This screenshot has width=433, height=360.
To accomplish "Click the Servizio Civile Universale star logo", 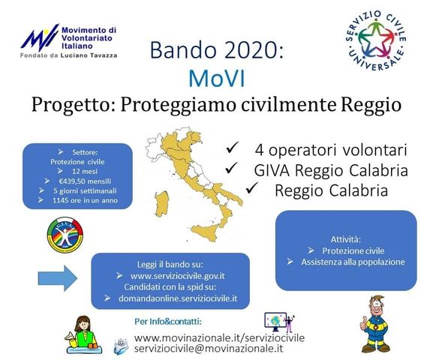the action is (376, 40).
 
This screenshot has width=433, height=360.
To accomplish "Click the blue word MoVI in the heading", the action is (216, 79).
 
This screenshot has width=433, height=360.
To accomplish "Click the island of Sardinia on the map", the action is (162, 204).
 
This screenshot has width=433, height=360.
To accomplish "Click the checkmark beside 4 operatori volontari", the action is (232, 148).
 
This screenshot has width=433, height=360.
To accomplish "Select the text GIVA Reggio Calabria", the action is (331, 170).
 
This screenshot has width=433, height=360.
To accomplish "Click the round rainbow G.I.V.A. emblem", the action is (65, 235).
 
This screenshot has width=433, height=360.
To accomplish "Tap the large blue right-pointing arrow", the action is (58, 278).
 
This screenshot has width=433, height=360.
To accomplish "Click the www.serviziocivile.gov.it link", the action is (178, 276).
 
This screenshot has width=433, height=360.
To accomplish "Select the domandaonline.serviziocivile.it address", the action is (178, 298).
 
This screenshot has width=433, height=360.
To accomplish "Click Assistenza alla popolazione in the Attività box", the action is (353, 262).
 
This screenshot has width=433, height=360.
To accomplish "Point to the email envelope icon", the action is (122, 346).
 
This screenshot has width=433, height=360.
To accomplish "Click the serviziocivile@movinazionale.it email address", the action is (209, 348).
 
